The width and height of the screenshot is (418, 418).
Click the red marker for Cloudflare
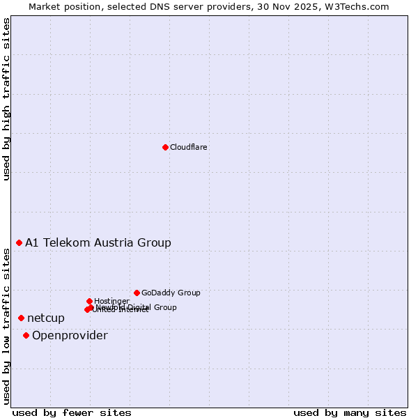(165, 147)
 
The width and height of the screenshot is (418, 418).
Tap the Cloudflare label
(189, 147)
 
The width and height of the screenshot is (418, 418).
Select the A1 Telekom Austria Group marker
(20, 242)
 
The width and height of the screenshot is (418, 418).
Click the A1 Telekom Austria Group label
(98, 242)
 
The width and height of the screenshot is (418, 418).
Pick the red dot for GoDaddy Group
(137, 293)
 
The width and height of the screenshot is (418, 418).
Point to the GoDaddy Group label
(171, 293)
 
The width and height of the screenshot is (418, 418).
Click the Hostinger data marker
(89, 301)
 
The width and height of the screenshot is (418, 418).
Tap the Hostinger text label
(111, 301)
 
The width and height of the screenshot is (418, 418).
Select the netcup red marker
(21, 318)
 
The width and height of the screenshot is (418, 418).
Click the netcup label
(46, 318)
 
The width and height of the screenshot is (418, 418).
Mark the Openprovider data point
(26, 335)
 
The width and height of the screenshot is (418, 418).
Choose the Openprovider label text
(70, 335)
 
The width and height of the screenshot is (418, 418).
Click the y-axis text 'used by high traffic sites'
(6, 99)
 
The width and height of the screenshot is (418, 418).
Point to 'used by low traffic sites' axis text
(6, 325)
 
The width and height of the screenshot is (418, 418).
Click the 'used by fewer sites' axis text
(72, 412)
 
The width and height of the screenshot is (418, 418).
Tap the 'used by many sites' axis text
(350, 412)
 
